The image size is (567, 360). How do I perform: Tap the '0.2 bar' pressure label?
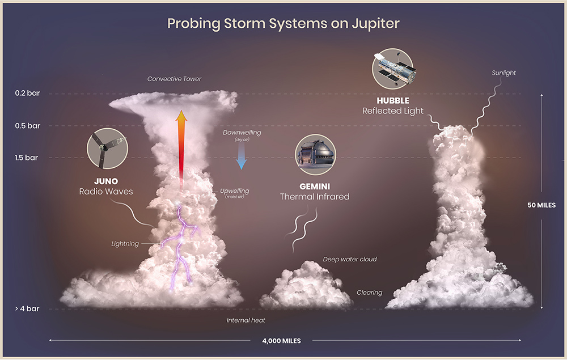(27, 94)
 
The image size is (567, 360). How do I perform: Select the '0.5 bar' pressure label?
(27, 126)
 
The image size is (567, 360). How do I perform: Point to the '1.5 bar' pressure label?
(27, 158)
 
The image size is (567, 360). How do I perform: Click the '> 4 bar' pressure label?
(27, 309)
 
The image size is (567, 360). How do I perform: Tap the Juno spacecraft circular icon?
(107, 149)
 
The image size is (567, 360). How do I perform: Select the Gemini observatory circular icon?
(315, 155)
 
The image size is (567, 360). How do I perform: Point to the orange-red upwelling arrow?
(181, 147)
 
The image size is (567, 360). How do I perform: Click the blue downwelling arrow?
(242, 156)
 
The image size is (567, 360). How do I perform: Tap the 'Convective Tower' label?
(174, 79)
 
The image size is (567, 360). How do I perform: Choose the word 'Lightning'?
(125, 244)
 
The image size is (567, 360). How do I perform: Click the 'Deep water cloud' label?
(350, 260)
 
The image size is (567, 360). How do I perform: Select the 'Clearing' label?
(369, 293)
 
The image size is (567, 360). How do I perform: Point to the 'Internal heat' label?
(246, 320)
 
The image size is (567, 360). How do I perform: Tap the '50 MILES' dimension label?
(542, 205)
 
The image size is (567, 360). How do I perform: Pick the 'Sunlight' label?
(503, 73)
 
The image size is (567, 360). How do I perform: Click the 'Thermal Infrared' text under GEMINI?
(315, 197)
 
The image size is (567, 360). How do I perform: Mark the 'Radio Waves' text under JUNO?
(106, 192)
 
